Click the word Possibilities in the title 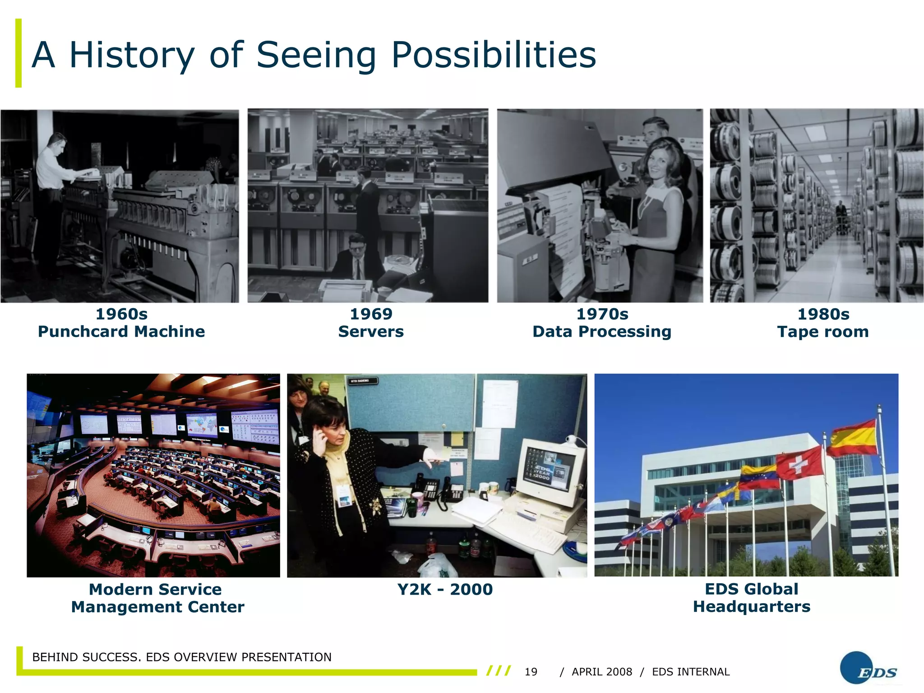tap(494, 55)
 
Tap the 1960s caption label tap(121, 314)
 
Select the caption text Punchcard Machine tap(121, 332)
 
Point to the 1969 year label tap(371, 314)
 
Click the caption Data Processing tap(602, 332)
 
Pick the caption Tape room tap(822, 332)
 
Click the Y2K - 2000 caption tap(445, 589)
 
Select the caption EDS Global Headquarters tap(752, 598)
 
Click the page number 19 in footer tap(531, 672)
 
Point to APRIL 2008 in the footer tap(602, 672)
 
